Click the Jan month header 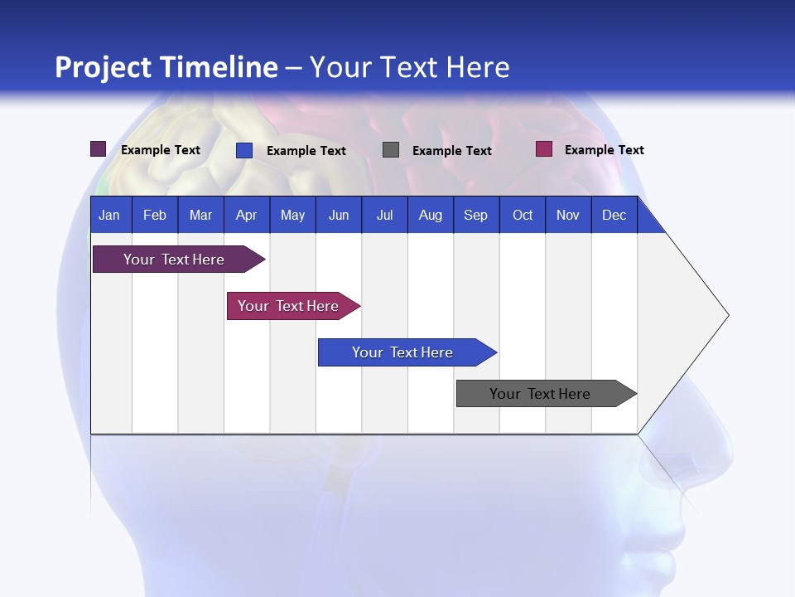110,215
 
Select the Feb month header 155,215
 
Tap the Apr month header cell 247,215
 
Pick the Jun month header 339,215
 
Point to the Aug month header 431,215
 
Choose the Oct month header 523,215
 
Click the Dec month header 614,215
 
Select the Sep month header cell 476,215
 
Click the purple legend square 99,149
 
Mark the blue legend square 244,150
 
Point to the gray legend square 391,149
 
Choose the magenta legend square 544,149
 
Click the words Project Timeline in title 166,67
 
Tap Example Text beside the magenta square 604,150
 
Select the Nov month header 568,215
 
